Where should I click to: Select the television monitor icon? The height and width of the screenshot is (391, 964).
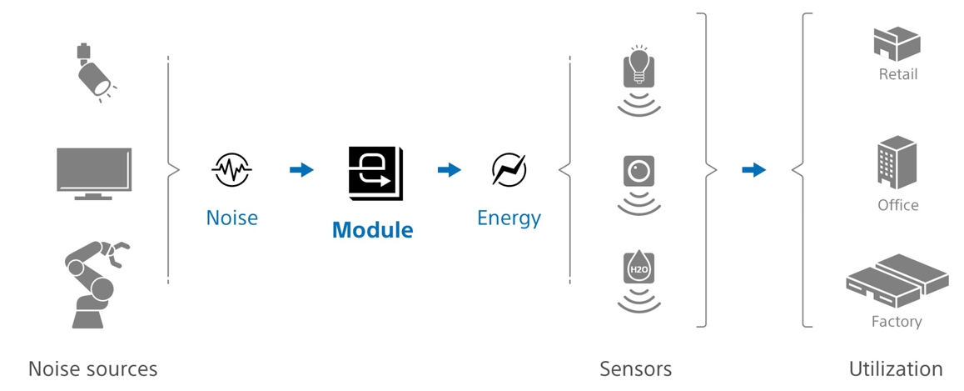(93, 173)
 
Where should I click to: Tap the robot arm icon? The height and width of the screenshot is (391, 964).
(94, 283)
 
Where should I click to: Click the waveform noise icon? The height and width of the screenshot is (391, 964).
(231, 168)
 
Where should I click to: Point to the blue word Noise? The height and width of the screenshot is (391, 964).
(231, 218)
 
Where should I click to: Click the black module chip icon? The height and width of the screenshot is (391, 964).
(375, 173)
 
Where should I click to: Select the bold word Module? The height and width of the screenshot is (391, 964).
(373, 229)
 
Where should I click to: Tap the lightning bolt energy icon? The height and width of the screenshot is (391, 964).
(509, 169)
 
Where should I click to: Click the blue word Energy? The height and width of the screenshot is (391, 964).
(509, 218)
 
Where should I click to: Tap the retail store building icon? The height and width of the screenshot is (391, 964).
(897, 44)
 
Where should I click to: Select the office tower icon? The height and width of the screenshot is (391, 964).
(897, 163)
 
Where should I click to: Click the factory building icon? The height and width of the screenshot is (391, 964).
(897, 281)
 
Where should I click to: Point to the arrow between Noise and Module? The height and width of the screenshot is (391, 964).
(301, 170)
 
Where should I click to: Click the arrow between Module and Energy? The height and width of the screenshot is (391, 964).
(450, 170)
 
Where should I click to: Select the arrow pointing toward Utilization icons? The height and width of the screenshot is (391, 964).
(753, 170)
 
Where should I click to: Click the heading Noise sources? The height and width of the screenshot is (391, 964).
(93, 368)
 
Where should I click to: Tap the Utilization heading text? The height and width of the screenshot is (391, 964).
(896, 368)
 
